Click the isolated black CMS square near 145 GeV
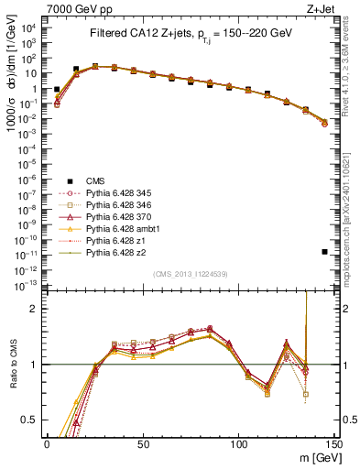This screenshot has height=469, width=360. [325, 251]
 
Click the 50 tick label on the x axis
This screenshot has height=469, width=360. [143, 443]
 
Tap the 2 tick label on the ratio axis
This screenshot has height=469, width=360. [37, 309]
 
